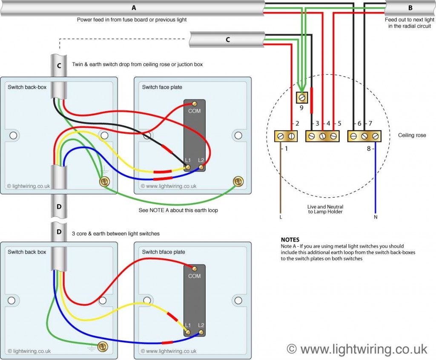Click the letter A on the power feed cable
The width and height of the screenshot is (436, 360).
pos(134,8)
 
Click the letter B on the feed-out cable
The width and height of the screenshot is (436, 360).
pos(410,8)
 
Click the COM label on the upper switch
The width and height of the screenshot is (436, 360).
pos(194,111)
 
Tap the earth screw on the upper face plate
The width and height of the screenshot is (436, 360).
pos(238,182)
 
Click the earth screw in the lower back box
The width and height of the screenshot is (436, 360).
pos(102,346)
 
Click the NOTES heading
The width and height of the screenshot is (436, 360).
pos(290,240)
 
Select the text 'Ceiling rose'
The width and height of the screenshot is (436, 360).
pos(412,135)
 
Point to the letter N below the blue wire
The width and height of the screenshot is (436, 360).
pos(375,217)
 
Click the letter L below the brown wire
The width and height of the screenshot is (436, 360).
pos(281,217)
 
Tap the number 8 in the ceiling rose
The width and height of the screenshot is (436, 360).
pos(369,149)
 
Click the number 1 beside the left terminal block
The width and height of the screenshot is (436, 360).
pos(286,149)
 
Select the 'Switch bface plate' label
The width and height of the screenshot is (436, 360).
pos(163,252)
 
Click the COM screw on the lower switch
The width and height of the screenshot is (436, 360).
pos(195,268)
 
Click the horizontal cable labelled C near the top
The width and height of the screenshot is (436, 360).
pos(227,40)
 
